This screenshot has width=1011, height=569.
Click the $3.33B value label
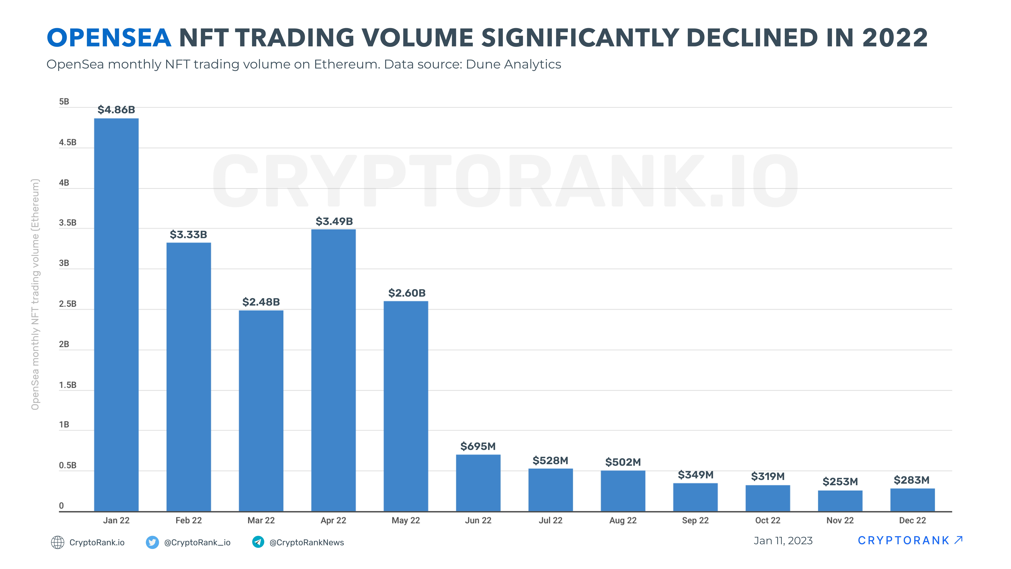click(188, 234)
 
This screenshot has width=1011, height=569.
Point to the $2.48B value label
click(261, 302)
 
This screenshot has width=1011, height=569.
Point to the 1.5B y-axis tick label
click(68, 385)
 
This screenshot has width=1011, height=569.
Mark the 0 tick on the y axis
click(61, 506)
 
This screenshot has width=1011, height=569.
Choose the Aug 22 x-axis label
click(623, 520)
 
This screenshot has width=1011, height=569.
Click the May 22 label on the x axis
click(406, 520)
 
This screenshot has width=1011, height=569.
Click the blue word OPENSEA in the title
click(109, 38)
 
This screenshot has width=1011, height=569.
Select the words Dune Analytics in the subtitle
click(513, 64)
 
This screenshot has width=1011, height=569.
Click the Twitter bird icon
click(152, 542)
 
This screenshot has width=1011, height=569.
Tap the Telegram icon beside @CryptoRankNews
click(258, 542)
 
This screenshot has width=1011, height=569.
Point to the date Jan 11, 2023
click(783, 541)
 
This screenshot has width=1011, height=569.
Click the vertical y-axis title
click(35, 295)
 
